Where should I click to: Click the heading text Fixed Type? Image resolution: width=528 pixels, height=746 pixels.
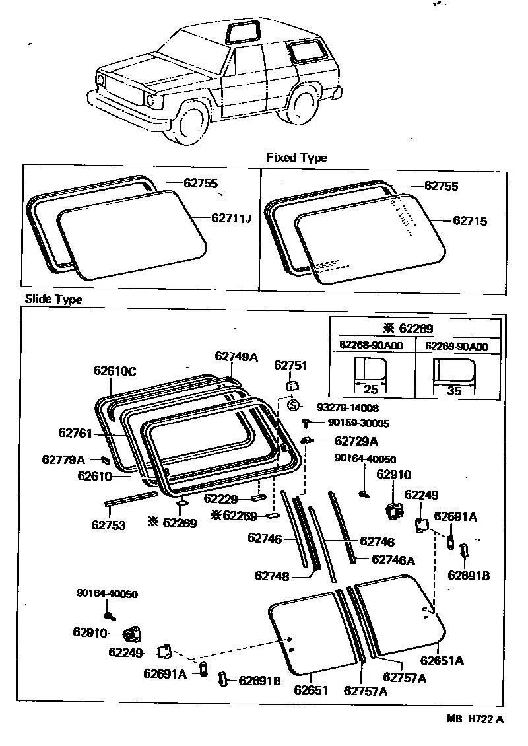(x=296, y=158)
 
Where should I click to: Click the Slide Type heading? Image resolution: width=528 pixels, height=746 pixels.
(x=53, y=299)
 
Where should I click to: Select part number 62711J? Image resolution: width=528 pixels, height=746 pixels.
(x=232, y=218)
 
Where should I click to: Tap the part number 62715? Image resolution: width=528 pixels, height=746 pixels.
(x=470, y=221)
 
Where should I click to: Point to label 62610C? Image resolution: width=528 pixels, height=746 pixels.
(x=114, y=371)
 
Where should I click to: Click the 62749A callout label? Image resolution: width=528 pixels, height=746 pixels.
(x=236, y=356)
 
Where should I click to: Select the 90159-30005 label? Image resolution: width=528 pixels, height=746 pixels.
(x=353, y=424)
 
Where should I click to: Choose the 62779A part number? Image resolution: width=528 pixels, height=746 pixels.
(x=63, y=459)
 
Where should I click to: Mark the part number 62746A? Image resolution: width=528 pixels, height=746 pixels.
(x=393, y=560)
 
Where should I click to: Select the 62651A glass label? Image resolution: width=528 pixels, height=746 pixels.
(x=442, y=660)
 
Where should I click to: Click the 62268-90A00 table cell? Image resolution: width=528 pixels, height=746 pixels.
(x=372, y=345)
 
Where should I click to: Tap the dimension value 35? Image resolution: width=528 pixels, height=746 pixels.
(x=454, y=391)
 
